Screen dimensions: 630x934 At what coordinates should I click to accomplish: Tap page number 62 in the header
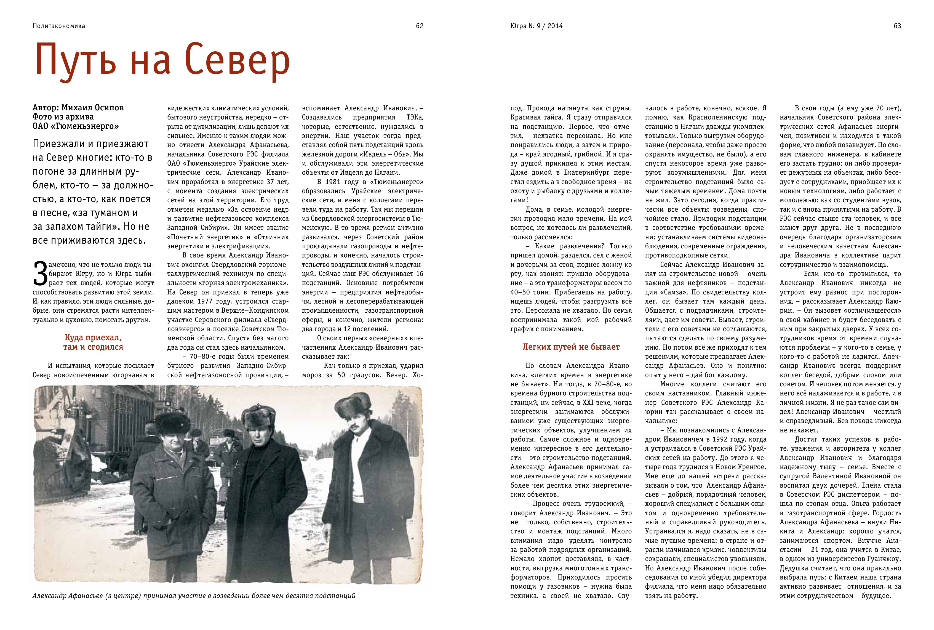click(x=419, y=26)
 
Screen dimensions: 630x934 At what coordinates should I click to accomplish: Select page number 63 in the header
click(x=897, y=26)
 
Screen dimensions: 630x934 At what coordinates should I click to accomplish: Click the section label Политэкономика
click(x=59, y=26)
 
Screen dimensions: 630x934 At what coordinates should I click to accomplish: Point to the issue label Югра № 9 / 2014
click(x=537, y=26)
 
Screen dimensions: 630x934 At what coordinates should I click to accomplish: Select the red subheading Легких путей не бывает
click(x=571, y=347)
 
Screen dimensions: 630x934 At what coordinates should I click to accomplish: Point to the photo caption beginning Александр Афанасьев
click(x=194, y=596)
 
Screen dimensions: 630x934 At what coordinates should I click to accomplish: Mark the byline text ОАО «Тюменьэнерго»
click(x=76, y=126)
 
